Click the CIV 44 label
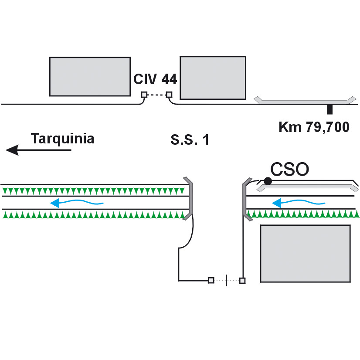point(155,79)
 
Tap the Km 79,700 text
point(314,127)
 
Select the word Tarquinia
point(62,139)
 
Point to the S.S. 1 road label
point(190,139)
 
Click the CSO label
point(289,169)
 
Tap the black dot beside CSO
point(268,181)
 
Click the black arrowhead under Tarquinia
point(12,150)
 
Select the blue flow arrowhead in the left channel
point(55,203)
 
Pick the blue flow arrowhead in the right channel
point(277,203)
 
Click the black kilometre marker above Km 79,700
point(329,109)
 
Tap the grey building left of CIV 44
point(90,76)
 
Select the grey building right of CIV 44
point(213,78)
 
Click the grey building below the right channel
point(305,254)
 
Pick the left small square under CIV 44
point(144,95)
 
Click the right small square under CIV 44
point(169,95)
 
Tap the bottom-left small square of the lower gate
point(211,280)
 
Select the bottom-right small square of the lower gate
point(242,280)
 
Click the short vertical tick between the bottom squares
point(226,280)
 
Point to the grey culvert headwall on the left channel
point(190,199)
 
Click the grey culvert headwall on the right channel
point(245,199)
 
